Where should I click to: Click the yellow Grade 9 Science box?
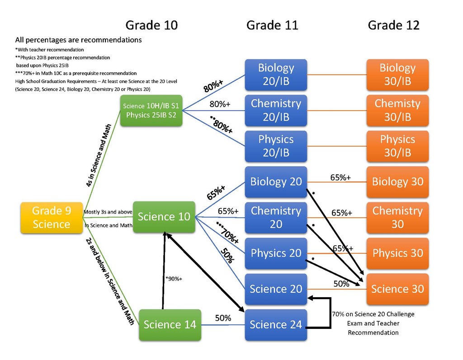pos(52,218)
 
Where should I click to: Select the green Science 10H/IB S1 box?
pos(151,110)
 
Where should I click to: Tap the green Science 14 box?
pos(170,324)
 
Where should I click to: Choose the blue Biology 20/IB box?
pos(276,75)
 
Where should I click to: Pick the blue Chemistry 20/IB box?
pos(276,110)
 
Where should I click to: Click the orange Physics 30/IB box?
pos(397,146)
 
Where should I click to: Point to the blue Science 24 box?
pos(276,324)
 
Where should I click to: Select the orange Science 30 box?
pos(397,289)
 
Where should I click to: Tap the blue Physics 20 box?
pos(276,253)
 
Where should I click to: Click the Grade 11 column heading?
pos(272,25)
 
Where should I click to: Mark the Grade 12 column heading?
pos(393,25)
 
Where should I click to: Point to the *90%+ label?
pos(174,279)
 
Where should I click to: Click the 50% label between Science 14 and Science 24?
pos(223,318)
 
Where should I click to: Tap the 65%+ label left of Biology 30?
pos(340,178)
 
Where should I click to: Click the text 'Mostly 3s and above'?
pos(108,212)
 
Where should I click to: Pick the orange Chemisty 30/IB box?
pos(397,110)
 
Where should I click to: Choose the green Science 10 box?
pos(164,217)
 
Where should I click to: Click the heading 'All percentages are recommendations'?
pos(78,40)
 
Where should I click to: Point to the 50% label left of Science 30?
pos(341,284)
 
